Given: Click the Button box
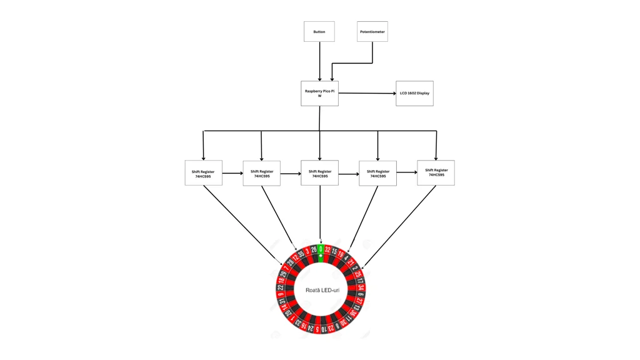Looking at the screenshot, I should (319, 32).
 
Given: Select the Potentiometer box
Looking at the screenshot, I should (372, 32).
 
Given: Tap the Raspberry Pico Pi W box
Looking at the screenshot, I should (319, 93).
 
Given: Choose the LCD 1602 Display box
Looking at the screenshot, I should (414, 93).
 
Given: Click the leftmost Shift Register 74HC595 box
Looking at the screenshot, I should (203, 173).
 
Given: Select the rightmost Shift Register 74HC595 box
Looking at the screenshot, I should (436, 172).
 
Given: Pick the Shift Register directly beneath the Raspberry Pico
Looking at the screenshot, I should (319, 173).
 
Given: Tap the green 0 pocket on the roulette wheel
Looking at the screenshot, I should (321, 249).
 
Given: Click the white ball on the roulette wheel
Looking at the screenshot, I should (321, 256).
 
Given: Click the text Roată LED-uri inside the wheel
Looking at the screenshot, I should (322, 290).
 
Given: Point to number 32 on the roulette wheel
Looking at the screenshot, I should (327, 250).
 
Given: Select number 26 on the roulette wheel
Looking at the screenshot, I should (314, 250).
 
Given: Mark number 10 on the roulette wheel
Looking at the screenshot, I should (324, 329).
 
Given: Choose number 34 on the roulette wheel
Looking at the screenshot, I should (361, 287).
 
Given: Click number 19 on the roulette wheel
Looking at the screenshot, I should (341, 254).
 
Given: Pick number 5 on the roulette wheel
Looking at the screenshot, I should (317, 329).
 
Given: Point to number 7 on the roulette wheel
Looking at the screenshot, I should (286, 267).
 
